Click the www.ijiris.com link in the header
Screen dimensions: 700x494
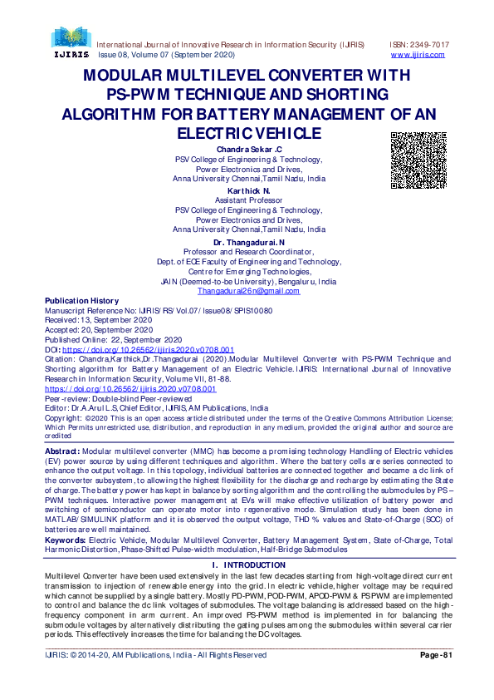[x=417, y=55]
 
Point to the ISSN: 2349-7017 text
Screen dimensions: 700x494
[x=419, y=44]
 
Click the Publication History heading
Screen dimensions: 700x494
[x=81, y=301]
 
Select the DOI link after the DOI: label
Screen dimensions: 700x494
[x=149, y=350]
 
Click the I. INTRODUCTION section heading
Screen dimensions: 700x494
[x=248, y=541]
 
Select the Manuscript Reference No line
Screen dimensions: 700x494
[x=158, y=310]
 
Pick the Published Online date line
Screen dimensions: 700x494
[x=113, y=340]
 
